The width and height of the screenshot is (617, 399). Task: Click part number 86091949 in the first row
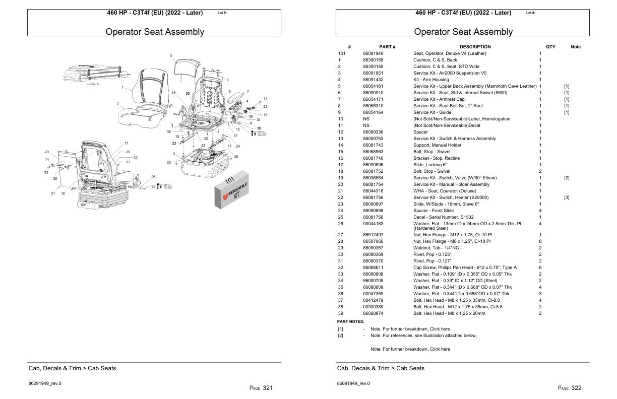[373, 53]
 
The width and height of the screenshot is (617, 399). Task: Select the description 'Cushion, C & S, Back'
[435, 60]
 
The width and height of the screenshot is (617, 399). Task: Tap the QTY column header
[550, 47]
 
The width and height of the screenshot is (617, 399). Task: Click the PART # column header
[387, 47]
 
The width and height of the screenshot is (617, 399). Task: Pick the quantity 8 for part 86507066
[540, 241]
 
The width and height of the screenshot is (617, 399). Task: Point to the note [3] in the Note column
[567, 197]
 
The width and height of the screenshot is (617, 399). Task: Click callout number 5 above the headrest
[171, 55]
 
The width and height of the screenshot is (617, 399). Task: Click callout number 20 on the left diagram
[46, 152]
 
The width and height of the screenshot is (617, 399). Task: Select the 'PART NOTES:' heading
[350, 321]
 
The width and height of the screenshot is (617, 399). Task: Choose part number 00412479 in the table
[373, 300]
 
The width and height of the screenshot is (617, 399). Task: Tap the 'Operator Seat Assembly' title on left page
[155, 32]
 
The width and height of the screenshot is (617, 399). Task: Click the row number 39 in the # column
[340, 313]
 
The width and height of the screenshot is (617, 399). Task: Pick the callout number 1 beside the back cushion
[122, 88]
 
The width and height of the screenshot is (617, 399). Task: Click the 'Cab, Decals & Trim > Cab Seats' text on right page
[381, 368]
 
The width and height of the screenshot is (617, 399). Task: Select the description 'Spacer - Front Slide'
[435, 211]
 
